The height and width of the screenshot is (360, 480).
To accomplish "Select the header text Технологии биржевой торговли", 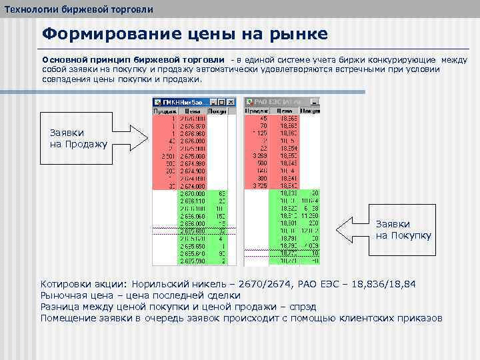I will (x=79, y=9).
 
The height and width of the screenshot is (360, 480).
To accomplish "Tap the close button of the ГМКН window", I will (x=232, y=103).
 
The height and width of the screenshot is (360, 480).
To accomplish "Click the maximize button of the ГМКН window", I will (x=225, y=103).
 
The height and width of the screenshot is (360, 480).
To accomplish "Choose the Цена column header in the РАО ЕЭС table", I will (x=285, y=112).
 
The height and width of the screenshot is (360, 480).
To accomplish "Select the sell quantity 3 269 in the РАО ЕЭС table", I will (x=259, y=155).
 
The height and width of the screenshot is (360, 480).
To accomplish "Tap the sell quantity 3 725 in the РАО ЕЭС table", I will (x=259, y=185).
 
